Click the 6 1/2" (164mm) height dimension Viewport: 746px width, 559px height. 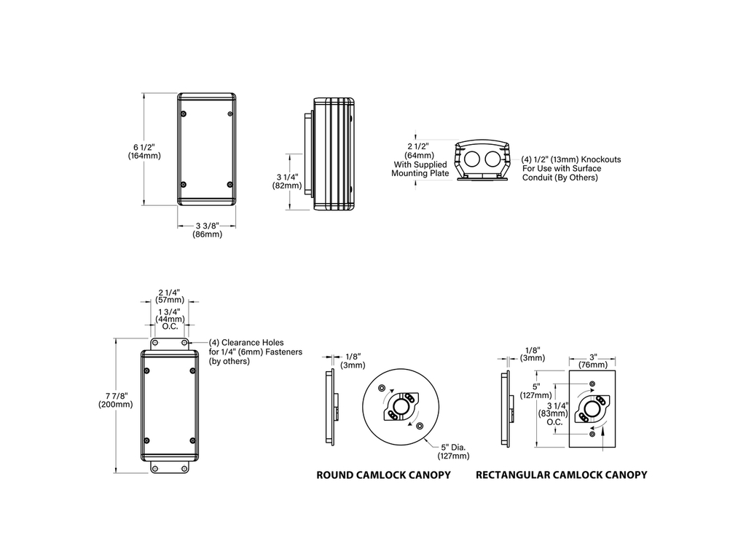(x=144, y=151)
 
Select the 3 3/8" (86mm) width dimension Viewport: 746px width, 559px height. (x=208, y=230)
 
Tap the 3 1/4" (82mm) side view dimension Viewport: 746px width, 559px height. (x=287, y=181)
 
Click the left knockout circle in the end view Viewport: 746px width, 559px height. (x=471, y=159)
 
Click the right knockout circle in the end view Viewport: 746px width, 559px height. (x=493, y=159)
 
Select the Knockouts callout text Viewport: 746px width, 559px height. (x=571, y=168)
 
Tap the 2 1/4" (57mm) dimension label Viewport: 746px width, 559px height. (x=169, y=296)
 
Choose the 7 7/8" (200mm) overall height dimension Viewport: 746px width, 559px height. (x=116, y=400)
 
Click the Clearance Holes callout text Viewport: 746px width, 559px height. (x=256, y=352)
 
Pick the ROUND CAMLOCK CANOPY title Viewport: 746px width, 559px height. (x=383, y=475)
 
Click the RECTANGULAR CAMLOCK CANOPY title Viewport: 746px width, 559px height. (x=562, y=475)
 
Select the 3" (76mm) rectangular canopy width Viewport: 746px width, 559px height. (x=593, y=361)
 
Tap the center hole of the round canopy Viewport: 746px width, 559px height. (x=401, y=406)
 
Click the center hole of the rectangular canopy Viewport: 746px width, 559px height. (x=592, y=409)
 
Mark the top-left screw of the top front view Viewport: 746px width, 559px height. (x=184, y=114)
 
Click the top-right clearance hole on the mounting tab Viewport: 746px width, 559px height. (x=184, y=344)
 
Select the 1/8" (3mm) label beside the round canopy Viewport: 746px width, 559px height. (x=353, y=361)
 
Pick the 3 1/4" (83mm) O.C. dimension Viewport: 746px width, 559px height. (x=554, y=413)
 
